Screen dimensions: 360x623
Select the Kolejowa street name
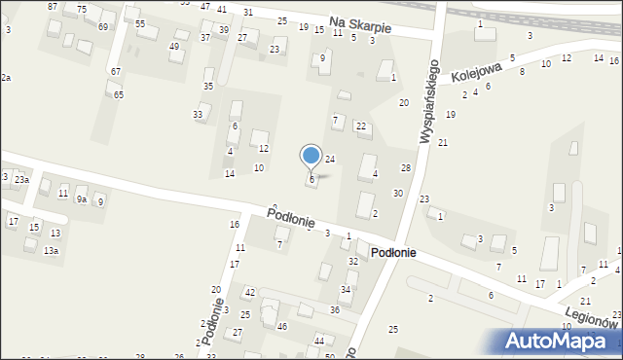[x=476, y=75]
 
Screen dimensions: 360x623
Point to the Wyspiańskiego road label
[x=428, y=103]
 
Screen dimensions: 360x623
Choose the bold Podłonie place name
[x=392, y=252]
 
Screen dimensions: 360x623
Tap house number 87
[x=53, y=7]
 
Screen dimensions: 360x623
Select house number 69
[x=103, y=26]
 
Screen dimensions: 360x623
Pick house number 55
[x=140, y=23]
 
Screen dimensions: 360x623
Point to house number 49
[x=174, y=47]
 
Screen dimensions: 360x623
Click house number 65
[x=119, y=94]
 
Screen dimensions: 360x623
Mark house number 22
[x=360, y=126]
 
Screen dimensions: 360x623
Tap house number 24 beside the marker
[x=330, y=159]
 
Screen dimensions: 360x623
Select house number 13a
[x=51, y=251]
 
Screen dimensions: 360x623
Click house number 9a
[x=83, y=198]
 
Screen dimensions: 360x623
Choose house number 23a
[x=21, y=180]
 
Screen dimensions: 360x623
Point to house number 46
[x=282, y=326]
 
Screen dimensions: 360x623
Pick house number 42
[x=249, y=293]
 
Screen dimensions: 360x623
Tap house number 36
[x=334, y=309]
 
